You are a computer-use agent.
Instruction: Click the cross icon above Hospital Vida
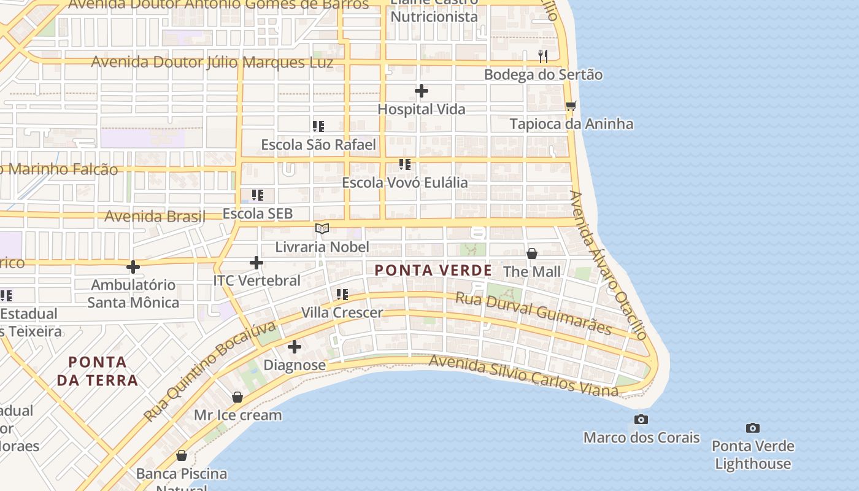click(x=421, y=91)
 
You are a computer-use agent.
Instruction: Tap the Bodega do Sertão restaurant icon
click(x=542, y=56)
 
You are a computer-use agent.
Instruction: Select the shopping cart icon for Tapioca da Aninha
click(x=571, y=106)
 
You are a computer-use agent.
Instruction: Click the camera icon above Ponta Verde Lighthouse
click(x=752, y=428)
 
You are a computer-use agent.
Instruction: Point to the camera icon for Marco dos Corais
click(x=641, y=419)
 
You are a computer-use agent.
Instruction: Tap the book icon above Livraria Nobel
click(x=322, y=229)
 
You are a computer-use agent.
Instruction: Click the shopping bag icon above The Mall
click(x=531, y=253)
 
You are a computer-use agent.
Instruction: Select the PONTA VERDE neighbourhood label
click(x=433, y=270)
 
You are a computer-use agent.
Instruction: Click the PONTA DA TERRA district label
click(x=98, y=371)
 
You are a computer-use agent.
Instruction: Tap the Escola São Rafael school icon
click(x=318, y=126)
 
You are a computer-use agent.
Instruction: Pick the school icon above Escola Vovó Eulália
click(x=404, y=164)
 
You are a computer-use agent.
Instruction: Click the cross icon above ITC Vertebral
click(x=256, y=263)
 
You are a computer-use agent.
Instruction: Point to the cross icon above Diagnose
click(x=295, y=347)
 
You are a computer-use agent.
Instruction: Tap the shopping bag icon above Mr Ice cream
click(x=237, y=397)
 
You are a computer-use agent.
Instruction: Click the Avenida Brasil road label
click(x=155, y=216)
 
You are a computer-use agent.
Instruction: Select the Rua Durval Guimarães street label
click(x=533, y=313)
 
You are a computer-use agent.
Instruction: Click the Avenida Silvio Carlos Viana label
click(x=523, y=374)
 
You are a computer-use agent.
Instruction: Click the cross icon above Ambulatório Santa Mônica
click(x=133, y=267)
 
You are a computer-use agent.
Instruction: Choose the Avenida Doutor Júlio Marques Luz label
click(x=212, y=63)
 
